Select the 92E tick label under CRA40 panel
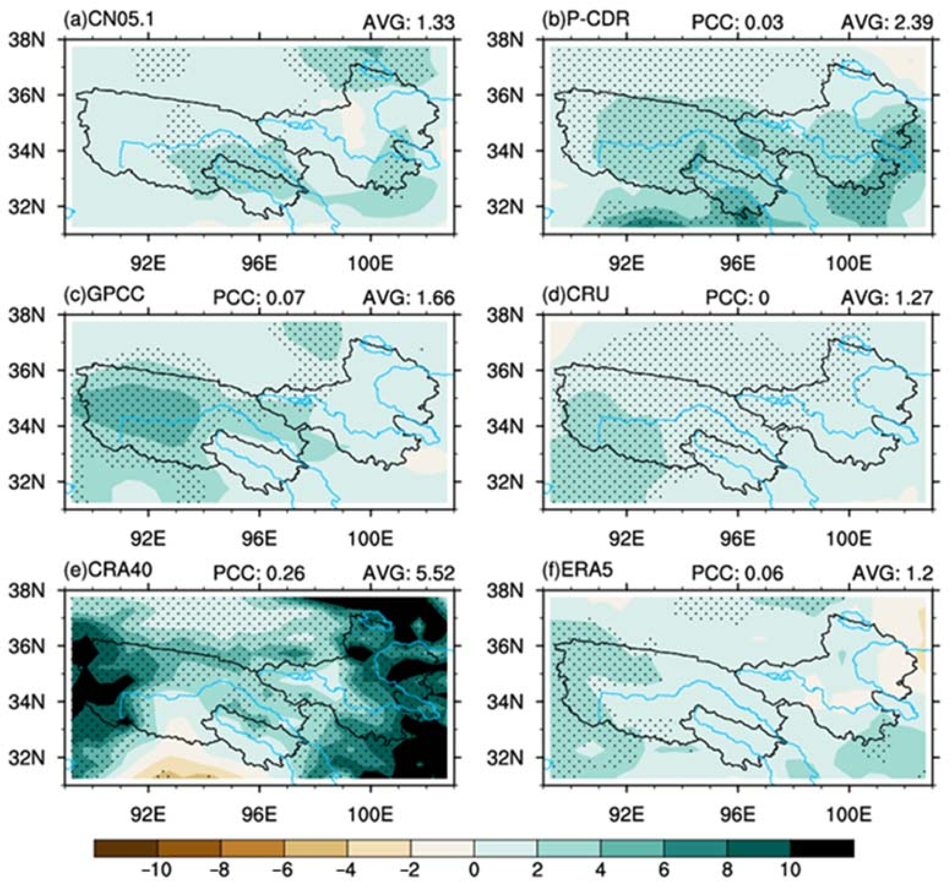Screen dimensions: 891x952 [x=149, y=814]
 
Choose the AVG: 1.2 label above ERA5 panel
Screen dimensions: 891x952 [x=893, y=573]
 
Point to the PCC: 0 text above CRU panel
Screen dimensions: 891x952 [x=738, y=298]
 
